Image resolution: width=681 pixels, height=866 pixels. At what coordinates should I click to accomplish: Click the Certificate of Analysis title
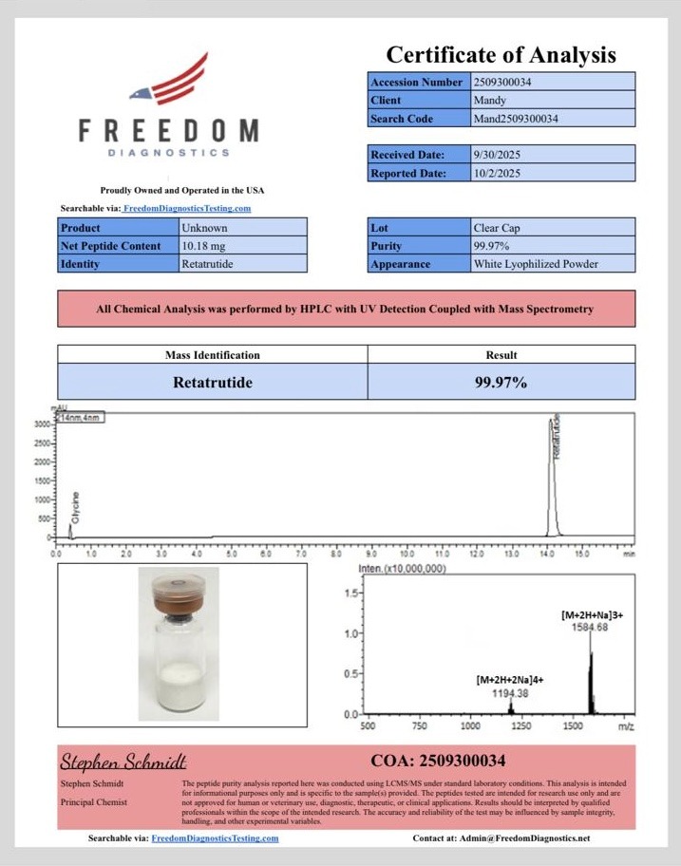tap(501, 54)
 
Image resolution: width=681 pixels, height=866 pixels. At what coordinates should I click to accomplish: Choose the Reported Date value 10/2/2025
tap(496, 173)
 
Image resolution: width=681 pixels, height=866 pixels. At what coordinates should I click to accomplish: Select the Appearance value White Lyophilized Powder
tap(536, 264)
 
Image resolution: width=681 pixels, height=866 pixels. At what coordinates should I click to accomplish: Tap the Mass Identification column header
tap(213, 355)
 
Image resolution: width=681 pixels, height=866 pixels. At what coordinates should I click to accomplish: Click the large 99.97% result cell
tap(501, 383)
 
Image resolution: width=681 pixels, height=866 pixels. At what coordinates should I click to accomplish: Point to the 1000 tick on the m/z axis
tap(470, 725)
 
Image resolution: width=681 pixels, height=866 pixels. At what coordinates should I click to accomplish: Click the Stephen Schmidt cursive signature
tap(123, 762)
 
